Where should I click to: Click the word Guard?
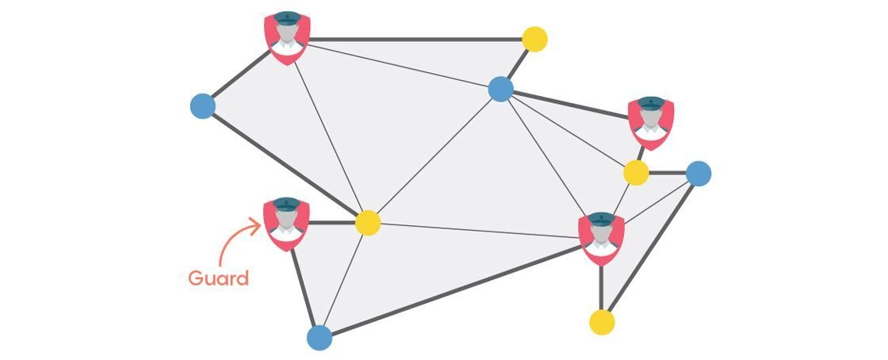click(x=218, y=278)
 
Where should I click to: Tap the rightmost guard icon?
click(x=650, y=123)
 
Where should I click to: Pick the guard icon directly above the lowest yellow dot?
click(x=601, y=238)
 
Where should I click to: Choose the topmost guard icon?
click(x=286, y=37)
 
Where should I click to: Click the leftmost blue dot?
click(x=204, y=105)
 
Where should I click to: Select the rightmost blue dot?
click(x=699, y=173)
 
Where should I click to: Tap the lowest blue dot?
click(x=320, y=337)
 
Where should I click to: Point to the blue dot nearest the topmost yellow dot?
click(x=501, y=89)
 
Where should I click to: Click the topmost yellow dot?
click(x=535, y=39)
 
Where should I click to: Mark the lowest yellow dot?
click(x=602, y=322)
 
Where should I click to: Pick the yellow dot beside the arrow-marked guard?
click(x=367, y=223)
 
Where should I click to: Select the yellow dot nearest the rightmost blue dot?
click(x=636, y=172)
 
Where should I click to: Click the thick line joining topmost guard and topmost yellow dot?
click(x=412, y=38)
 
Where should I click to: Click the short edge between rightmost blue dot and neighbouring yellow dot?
click(x=668, y=172)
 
